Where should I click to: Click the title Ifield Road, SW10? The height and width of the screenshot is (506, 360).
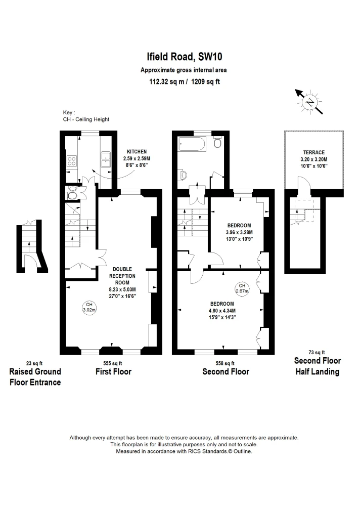pyautogui.click(x=184, y=57)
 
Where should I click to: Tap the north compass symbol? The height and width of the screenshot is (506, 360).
pyautogui.click(x=309, y=102)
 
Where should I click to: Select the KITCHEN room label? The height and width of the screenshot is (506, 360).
pyautogui.click(x=137, y=152)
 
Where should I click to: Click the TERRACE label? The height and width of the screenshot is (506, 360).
pyautogui.click(x=314, y=152)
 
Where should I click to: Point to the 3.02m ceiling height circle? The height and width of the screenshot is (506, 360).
pyautogui.click(x=89, y=307)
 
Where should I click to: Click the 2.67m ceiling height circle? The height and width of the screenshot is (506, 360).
pyautogui.click(x=242, y=288)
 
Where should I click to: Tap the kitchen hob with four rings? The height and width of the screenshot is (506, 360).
pyautogui.click(x=71, y=161)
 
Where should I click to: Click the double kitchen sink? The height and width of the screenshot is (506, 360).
pyautogui.click(x=106, y=159)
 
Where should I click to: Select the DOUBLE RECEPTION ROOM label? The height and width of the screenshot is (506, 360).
pyautogui.click(x=122, y=276)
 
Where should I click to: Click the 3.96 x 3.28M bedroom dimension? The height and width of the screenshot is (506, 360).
pyautogui.click(x=239, y=232)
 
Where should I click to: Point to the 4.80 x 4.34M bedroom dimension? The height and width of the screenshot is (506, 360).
pyautogui.click(x=222, y=311)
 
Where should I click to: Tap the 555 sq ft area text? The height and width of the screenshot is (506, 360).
pyautogui.click(x=113, y=363)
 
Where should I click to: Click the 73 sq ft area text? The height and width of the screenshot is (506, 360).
pyautogui.click(x=317, y=352)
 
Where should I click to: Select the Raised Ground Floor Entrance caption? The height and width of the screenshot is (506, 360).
pyautogui.click(x=35, y=377)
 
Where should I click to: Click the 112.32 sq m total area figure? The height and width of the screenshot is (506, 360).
pyautogui.click(x=166, y=81)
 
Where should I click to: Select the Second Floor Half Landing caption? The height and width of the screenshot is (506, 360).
pyautogui.click(x=318, y=366)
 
